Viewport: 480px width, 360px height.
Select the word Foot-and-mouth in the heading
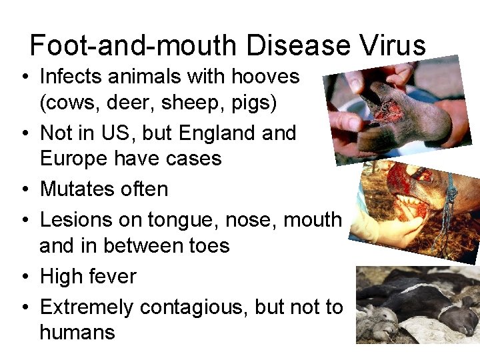133,45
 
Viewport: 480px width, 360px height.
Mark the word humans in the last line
77,332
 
